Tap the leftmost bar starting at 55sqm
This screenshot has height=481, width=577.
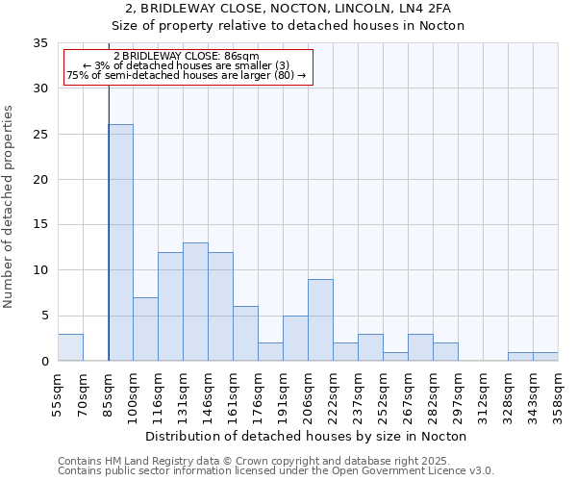(x=70, y=347)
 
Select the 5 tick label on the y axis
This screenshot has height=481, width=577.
(x=43, y=316)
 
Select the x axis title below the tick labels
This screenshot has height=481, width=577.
(x=307, y=436)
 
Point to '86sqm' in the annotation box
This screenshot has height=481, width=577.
(x=240, y=56)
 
